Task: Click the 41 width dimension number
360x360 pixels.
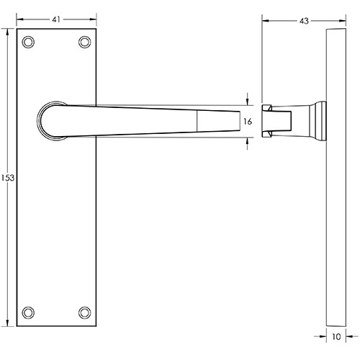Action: click(x=56, y=19)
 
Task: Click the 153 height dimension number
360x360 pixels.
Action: click(x=8, y=178)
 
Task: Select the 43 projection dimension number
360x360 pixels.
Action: click(x=304, y=21)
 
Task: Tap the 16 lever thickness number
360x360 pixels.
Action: click(x=248, y=122)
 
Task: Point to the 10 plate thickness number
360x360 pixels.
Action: click(x=336, y=337)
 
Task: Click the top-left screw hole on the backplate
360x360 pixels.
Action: click(x=28, y=42)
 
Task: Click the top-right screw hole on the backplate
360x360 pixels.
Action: click(x=85, y=42)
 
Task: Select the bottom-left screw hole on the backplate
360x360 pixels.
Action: click(x=28, y=312)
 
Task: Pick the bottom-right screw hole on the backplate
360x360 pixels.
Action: click(x=85, y=312)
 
